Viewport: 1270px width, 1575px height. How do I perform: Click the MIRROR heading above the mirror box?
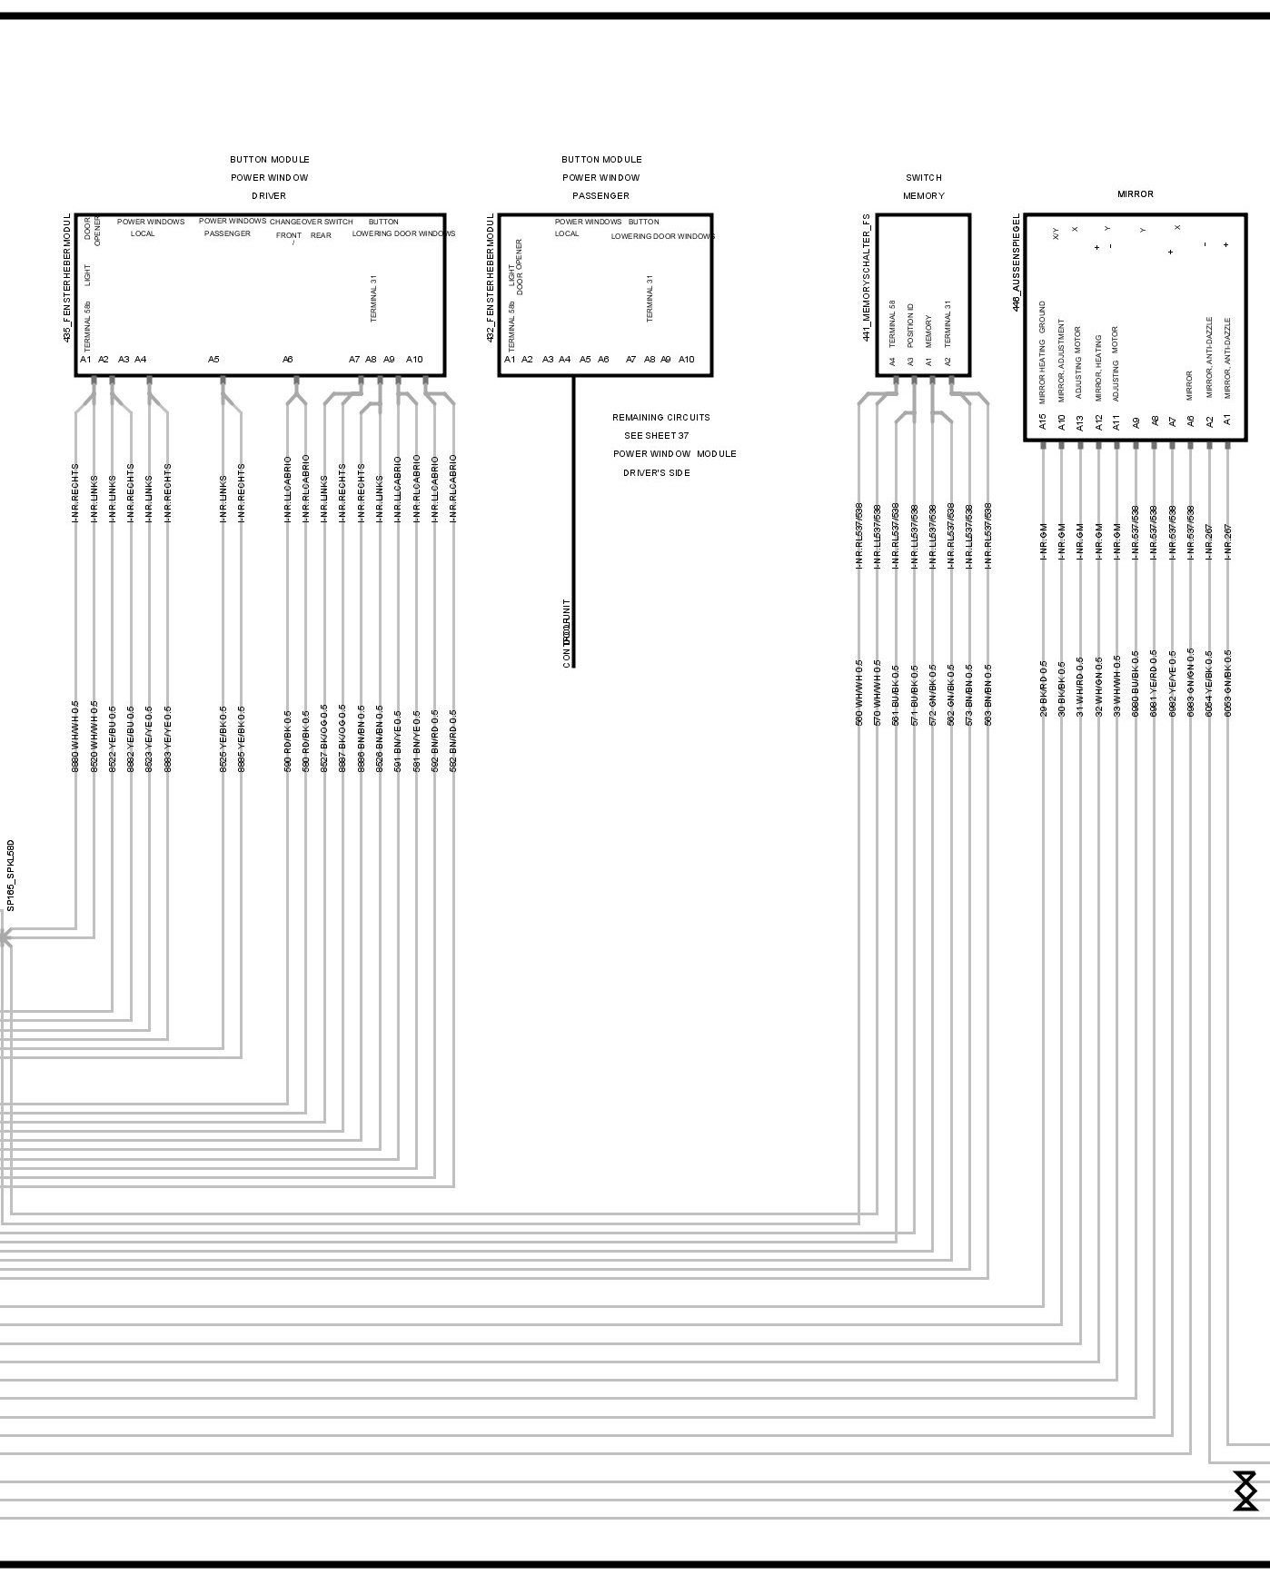click(x=1135, y=194)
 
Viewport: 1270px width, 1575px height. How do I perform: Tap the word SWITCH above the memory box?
click(x=923, y=178)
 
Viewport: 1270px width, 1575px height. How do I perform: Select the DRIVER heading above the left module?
click(x=269, y=196)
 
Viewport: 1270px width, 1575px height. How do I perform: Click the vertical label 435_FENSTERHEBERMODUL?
click(x=67, y=278)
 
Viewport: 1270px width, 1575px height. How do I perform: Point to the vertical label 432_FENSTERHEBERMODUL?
click(x=491, y=278)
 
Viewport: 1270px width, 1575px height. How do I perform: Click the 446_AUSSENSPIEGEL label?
click(x=1017, y=262)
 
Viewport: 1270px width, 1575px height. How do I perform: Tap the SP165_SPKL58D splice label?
click(x=11, y=875)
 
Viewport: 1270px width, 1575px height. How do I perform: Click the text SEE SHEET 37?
click(x=656, y=436)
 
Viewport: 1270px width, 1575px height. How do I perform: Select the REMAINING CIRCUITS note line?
click(x=660, y=418)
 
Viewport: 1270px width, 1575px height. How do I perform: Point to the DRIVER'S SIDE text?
click(x=656, y=473)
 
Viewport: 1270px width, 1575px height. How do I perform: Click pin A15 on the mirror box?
click(x=1043, y=421)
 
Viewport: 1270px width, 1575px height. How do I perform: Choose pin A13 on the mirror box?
click(x=1080, y=422)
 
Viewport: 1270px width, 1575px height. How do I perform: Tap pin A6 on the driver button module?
click(x=287, y=360)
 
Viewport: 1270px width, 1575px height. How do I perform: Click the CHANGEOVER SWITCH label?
click(x=311, y=222)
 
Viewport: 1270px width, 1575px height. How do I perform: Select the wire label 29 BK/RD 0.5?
click(x=1044, y=688)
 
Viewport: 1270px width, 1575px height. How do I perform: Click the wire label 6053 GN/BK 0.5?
click(x=1228, y=682)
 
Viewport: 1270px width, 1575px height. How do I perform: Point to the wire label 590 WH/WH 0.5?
click(x=858, y=692)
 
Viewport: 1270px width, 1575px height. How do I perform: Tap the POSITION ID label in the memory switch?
click(x=910, y=326)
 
